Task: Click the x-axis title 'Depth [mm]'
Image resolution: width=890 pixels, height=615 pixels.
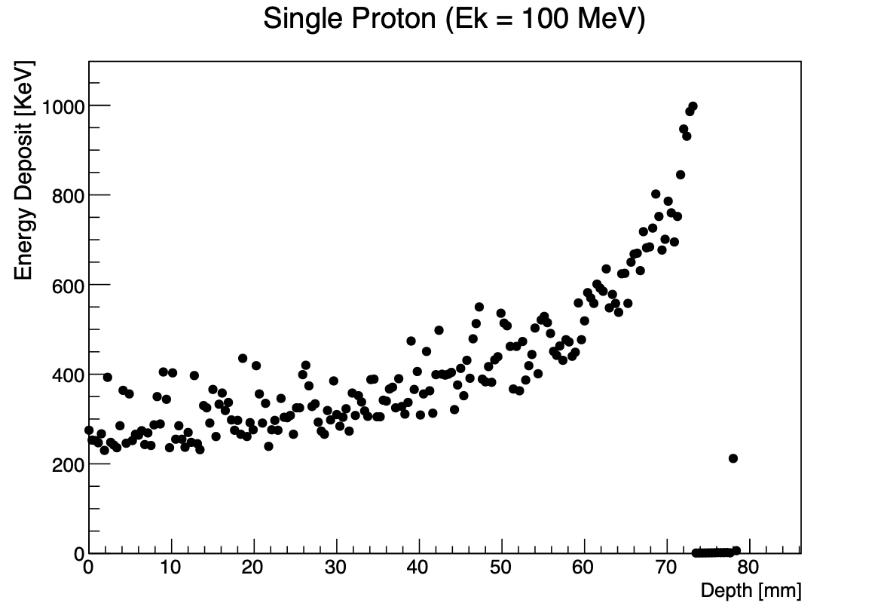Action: [x=751, y=591]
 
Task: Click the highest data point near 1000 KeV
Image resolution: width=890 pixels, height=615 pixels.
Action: [x=693, y=106]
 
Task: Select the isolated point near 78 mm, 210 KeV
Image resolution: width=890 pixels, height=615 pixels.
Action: [x=732, y=458]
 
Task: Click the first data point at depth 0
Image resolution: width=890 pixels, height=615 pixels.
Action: [x=89, y=430]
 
